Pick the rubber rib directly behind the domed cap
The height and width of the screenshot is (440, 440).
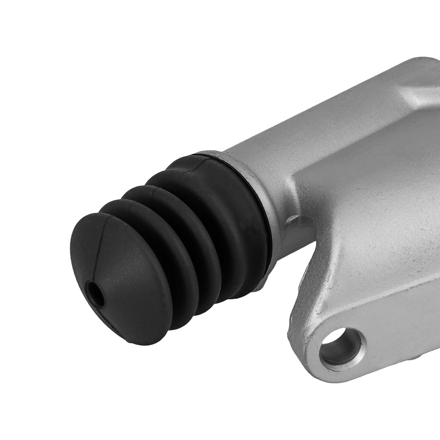145,246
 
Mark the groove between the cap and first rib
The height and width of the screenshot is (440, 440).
132,220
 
